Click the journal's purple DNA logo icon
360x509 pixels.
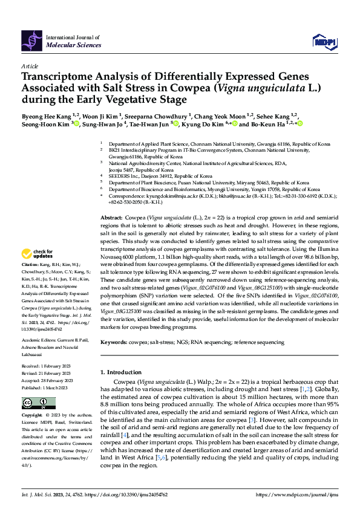tap(31, 41)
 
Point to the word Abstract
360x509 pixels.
tap(111, 216)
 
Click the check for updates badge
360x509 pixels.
tap(39, 270)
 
